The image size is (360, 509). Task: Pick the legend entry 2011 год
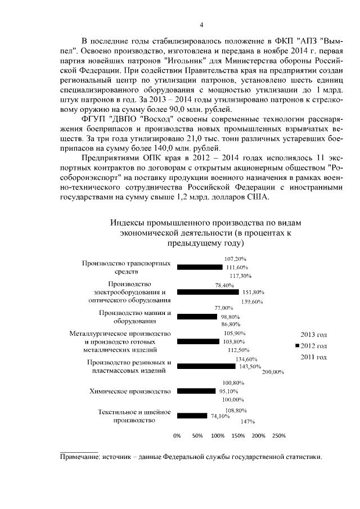point(314,357)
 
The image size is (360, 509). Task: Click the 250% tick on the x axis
point(279,436)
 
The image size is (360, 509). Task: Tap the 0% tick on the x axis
point(177,436)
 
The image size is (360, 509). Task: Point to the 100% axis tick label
point(217,436)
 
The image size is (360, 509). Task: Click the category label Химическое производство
point(129,391)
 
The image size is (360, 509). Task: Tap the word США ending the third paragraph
point(261,197)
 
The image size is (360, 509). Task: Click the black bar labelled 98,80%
point(197,317)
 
